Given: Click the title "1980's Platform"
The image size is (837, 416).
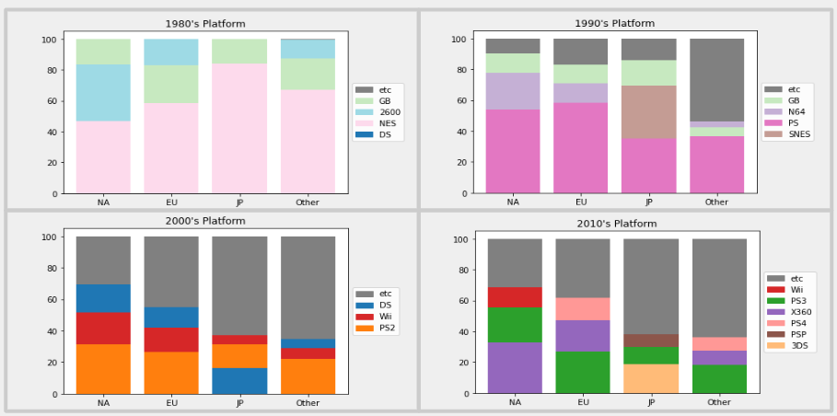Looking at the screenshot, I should pyautogui.click(x=204, y=24).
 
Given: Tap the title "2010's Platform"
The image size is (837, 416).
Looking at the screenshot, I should pyautogui.click(x=617, y=224).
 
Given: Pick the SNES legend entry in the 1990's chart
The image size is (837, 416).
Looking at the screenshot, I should pyautogui.click(x=800, y=133).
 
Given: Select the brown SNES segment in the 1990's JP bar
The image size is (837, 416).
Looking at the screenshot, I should pyautogui.click(x=648, y=111).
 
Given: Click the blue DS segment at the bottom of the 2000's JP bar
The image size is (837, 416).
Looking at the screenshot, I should pyautogui.click(x=239, y=381).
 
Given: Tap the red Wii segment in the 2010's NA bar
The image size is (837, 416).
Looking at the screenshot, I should pyautogui.click(x=515, y=296).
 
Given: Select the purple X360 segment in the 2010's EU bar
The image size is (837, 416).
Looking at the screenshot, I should pyautogui.click(x=582, y=335).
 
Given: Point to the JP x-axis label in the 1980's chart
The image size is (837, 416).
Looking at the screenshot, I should pyautogui.click(x=239, y=202).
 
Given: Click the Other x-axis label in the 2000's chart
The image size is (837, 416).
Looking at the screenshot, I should pyautogui.click(x=308, y=403).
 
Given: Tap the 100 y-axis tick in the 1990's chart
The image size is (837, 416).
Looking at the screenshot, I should pyautogui.click(x=468, y=39).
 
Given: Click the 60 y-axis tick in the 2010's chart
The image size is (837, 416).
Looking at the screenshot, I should pyautogui.click(x=471, y=300).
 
